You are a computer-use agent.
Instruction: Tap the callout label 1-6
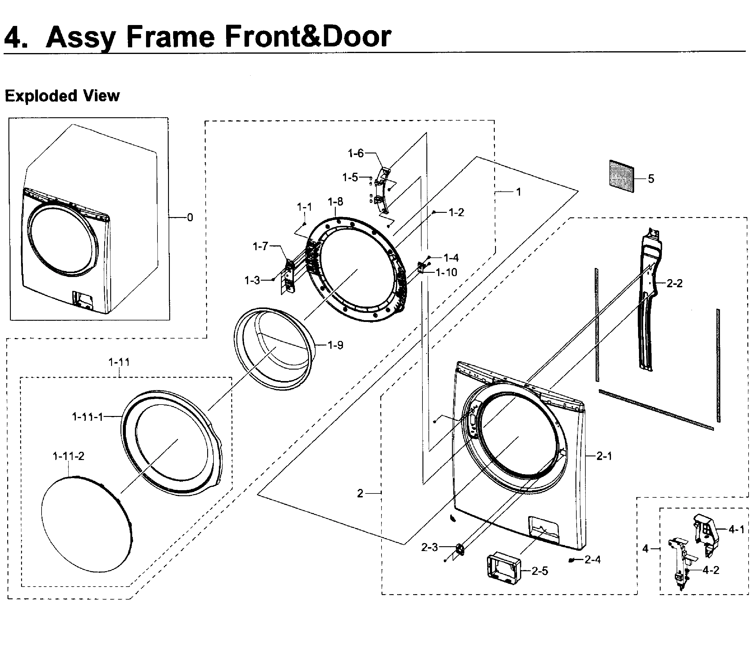click(x=356, y=153)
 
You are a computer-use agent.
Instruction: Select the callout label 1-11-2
click(x=68, y=456)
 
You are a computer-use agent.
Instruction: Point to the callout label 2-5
click(x=540, y=571)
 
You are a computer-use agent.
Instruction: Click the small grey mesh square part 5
click(x=622, y=176)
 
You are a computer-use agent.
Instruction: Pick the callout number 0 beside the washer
click(x=190, y=218)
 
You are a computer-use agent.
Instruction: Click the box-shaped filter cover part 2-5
click(x=504, y=569)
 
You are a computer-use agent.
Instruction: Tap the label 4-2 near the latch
click(x=711, y=570)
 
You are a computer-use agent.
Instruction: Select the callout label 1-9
click(x=335, y=345)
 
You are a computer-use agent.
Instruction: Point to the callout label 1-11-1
click(x=88, y=417)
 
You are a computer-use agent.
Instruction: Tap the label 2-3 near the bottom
click(x=429, y=547)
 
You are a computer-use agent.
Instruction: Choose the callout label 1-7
click(x=260, y=247)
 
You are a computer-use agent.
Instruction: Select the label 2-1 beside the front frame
click(x=604, y=456)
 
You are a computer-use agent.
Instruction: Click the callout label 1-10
click(x=446, y=272)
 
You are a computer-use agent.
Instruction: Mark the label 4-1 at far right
click(x=737, y=529)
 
